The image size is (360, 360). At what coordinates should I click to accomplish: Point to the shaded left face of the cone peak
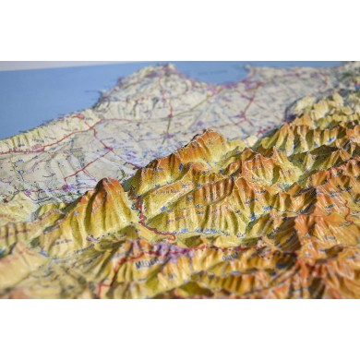pyautogui.click(x=92, y=208)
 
